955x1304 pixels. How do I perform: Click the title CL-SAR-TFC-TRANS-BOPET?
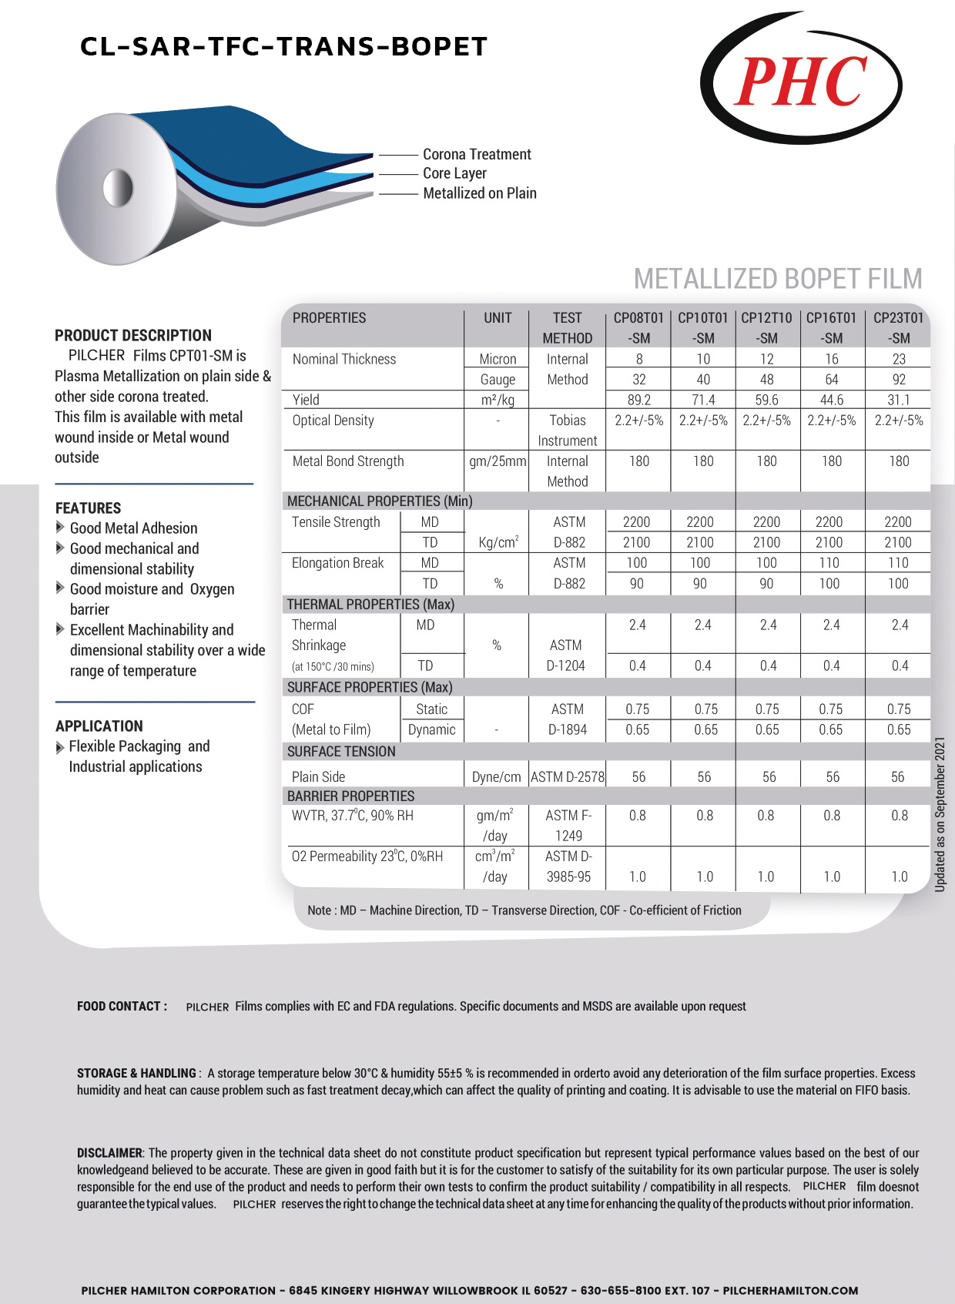tap(283, 47)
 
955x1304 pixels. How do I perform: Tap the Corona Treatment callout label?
tap(477, 154)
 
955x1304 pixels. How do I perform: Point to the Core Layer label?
tap(454, 173)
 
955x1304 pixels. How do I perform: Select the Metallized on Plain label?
tap(479, 193)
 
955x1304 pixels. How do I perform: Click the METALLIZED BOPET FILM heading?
tap(777, 278)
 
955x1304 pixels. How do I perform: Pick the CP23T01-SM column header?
tap(898, 327)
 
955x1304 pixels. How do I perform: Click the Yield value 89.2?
tap(638, 400)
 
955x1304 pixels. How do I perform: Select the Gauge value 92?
tap(898, 380)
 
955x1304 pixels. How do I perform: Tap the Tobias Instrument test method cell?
tap(568, 431)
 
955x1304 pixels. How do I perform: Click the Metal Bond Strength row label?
tap(348, 461)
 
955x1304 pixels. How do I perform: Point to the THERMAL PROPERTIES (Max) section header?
tap(370, 605)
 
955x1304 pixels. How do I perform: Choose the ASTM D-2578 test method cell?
tap(568, 777)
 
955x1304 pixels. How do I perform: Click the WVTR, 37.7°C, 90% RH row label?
tap(353, 816)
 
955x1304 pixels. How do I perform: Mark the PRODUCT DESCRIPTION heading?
tap(133, 336)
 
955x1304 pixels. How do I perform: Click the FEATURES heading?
tap(89, 508)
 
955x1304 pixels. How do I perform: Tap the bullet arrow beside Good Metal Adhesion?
tap(60, 528)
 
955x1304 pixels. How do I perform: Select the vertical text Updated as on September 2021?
tap(940, 815)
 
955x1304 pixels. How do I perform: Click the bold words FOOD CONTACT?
tap(122, 1006)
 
